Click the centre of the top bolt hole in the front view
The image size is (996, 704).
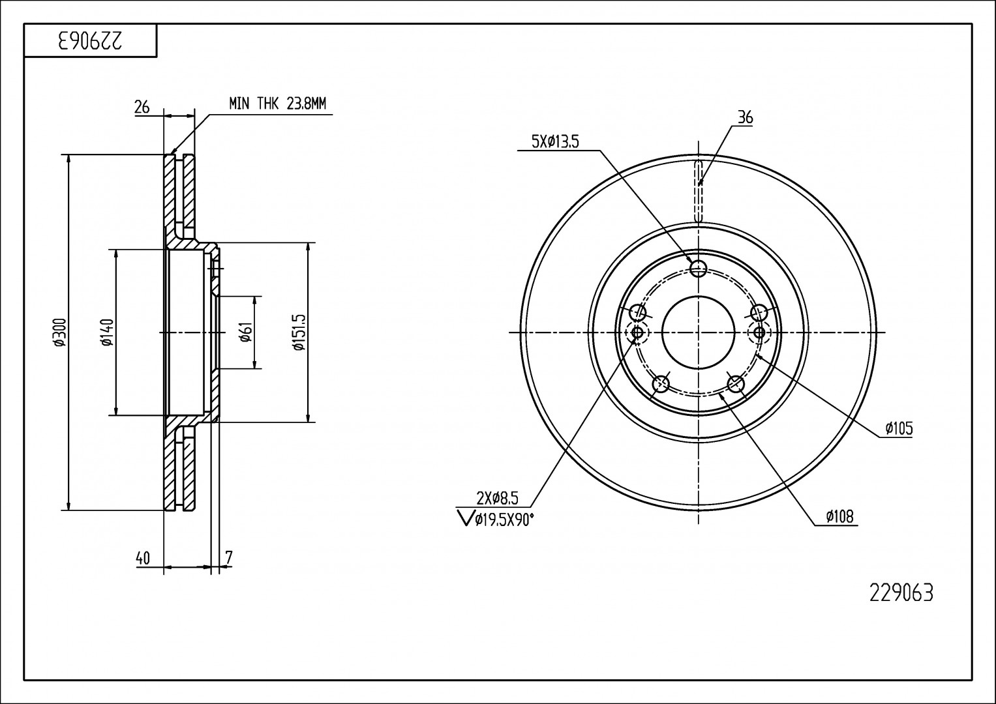699,268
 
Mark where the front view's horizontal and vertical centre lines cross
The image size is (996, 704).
699,332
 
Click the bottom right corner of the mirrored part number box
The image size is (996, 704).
157,57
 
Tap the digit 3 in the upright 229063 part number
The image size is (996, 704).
928,593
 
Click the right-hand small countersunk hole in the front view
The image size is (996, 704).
759,332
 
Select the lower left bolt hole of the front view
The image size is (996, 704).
661,383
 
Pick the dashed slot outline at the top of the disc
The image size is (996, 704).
699,190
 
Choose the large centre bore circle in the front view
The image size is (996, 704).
699,332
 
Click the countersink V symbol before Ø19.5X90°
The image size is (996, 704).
464,518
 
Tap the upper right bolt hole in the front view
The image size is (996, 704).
759,312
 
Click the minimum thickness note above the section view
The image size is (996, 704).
277,104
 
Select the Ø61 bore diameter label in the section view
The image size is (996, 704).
246,332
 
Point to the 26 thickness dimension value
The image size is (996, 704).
142,107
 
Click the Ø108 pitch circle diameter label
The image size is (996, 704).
840,516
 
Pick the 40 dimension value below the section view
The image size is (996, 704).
143,558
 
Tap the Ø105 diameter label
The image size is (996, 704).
899,428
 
